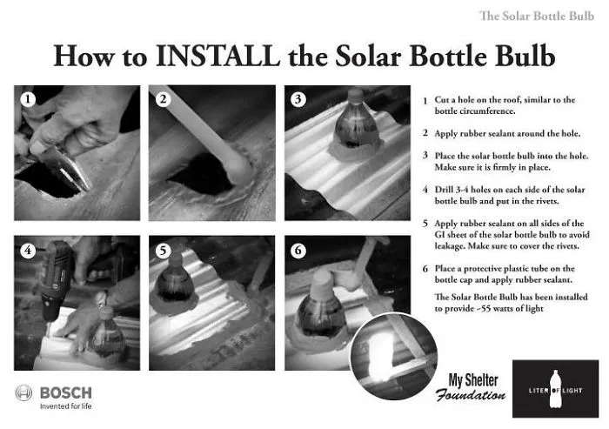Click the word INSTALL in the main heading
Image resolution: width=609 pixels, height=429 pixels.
(217, 56)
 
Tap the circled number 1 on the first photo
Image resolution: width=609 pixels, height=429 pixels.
(28, 99)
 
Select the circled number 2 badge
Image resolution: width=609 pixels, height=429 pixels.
(164, 99)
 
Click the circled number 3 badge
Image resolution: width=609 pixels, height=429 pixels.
(298, 99)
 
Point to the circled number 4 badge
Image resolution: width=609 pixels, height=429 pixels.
(28, 250)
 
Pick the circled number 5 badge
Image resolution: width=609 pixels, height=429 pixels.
(164, 250)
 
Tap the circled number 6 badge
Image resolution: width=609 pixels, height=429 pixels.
(298, 250)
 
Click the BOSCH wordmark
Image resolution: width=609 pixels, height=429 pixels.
(66, 392)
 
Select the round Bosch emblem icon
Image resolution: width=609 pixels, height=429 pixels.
(23, 392)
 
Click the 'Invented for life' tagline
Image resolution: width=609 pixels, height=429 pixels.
(65, 406)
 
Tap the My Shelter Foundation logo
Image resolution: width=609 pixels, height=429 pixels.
(472, 387)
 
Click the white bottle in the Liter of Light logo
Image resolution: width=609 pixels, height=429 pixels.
(555, 389)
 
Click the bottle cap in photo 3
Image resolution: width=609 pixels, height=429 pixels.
(355, 95)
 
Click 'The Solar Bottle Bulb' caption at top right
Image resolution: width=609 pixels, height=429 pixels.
(537, 16)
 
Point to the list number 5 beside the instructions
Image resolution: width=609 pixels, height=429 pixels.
(425, 224)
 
